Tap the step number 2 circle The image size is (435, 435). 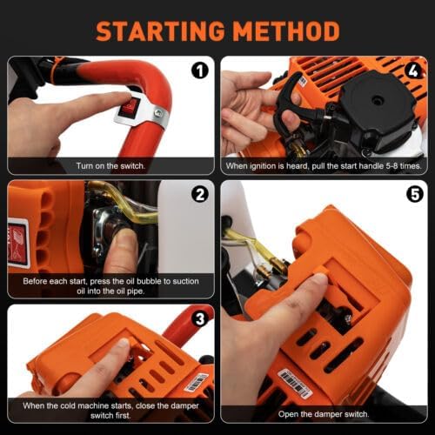pyautogui.click(x=199, y=194)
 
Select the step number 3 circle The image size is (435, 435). pyautogui.click(x=199, y=318)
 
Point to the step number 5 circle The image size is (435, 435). pyautogui.click(x=412, y=194)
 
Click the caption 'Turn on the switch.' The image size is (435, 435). pyautogui.click(x=110, y=164)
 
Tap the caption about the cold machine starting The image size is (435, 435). pyautogui.click(x=110, y=410)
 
